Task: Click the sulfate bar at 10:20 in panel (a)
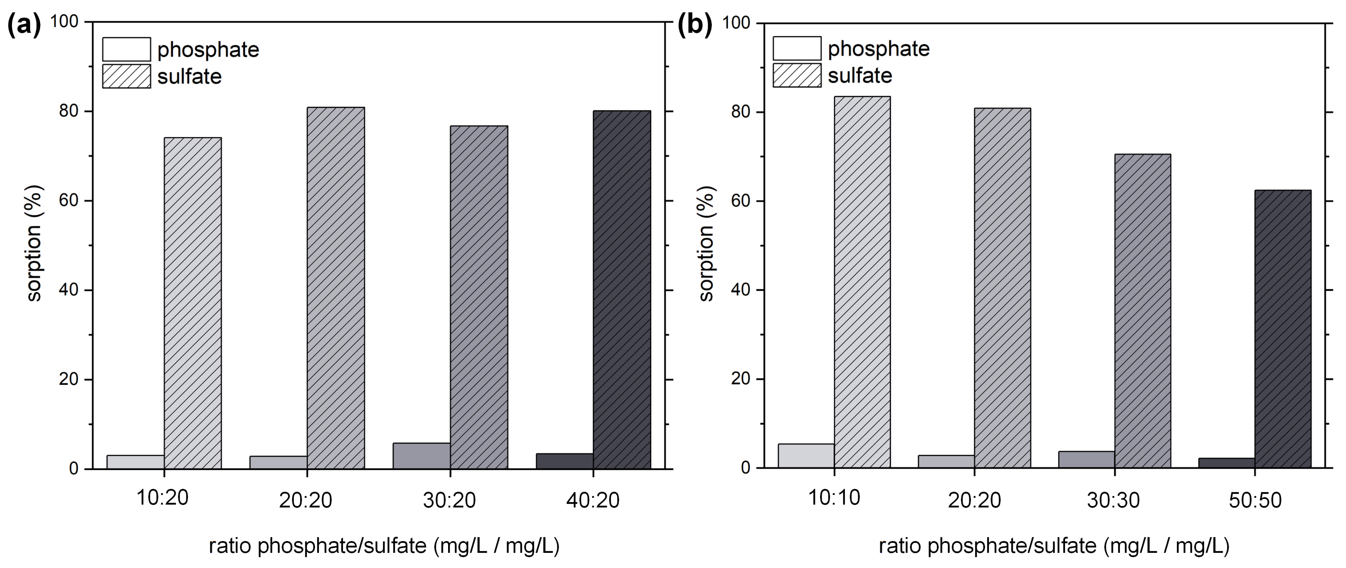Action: tap(193, 303)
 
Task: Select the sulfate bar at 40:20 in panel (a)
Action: tap(622, 290)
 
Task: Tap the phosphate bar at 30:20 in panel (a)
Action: tap(421, 456)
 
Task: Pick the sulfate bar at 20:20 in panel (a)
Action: tap(336, 288)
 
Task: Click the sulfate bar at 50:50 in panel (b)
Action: tap(1283, 329)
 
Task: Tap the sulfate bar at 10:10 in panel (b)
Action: tap(862, 282)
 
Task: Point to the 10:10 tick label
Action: tap(834, 498)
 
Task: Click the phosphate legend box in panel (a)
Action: tap(126, 49)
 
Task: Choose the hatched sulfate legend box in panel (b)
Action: tap(797, 75)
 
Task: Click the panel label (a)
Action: tap(24, 25)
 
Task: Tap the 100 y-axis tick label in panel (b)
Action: tap(735, 23)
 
